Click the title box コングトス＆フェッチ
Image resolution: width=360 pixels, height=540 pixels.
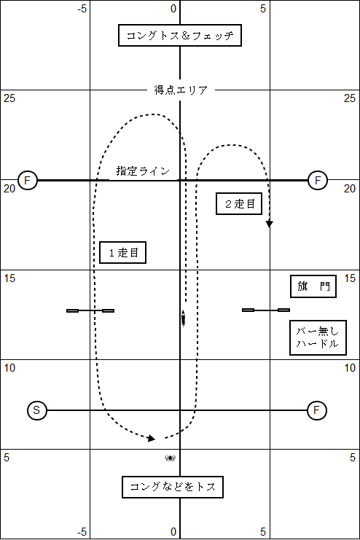(x=180, y=35)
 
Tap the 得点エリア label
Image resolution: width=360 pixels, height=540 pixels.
(x=181, y=90)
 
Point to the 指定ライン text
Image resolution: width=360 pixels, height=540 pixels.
(x=143, y=171)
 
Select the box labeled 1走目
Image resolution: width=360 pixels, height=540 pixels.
(x=122, y=252)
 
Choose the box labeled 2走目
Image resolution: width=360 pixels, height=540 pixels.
(x=239, y=204)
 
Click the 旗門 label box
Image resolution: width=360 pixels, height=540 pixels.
(x=313, y=286)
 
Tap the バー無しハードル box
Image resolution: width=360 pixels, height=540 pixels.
(x=318, y=337)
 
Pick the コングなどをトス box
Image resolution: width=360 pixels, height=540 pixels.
(x=173, y=487)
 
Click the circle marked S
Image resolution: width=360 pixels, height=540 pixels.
(x=36, y=410)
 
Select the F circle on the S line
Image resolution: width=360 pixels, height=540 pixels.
(x=316, y=410)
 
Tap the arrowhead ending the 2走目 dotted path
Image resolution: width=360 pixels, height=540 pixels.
(x=270, y=224)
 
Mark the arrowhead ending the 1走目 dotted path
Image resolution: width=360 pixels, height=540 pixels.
(x=152, y=439)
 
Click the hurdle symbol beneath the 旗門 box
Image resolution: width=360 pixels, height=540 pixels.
(x=266, y=310)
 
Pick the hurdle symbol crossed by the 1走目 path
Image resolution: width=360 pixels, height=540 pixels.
(x=90, y=310)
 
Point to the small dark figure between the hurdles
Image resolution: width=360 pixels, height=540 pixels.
(x=183, y=318)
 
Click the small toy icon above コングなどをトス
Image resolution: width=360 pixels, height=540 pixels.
(x=171, y=458)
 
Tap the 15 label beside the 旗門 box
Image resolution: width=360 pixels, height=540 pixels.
(x=350, y=278)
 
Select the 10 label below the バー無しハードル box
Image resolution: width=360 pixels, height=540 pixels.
(x=350, y=368)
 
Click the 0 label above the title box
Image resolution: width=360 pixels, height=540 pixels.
(x=173, y=9)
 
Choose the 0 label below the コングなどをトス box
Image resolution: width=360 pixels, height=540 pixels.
(x=173, y=532)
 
